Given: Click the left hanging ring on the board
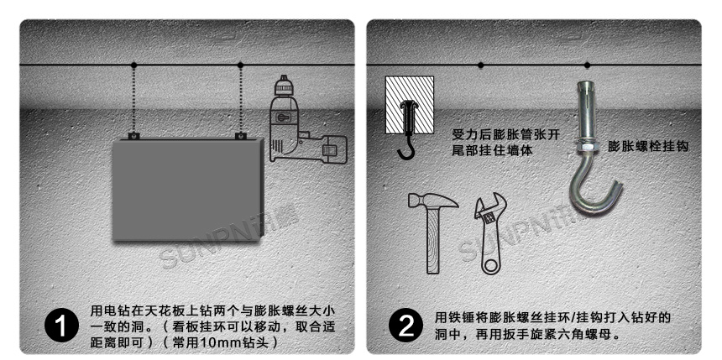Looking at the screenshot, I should click(x=134, y=135).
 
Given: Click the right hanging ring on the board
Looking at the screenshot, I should click(x=241, y=135).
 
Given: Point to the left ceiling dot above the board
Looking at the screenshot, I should click(x=134, y=65).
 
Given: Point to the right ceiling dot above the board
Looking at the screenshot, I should click(x=241, y=65).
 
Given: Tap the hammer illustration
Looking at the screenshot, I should click(x=430, y=232).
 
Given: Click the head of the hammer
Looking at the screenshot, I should click(x=432, y=201).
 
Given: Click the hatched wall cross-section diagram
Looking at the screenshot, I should click(x=409, y=105).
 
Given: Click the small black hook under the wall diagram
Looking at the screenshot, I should click(x=406, y=149).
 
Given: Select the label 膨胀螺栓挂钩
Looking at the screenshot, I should click(x=647, y=146).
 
